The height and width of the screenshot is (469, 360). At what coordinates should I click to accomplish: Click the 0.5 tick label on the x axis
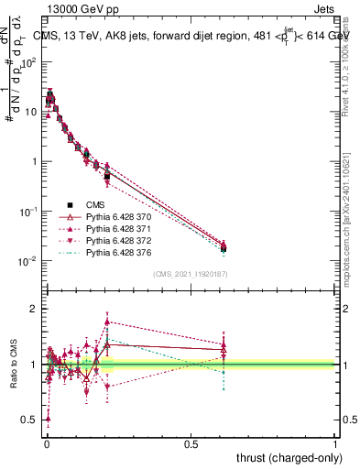(191, 443)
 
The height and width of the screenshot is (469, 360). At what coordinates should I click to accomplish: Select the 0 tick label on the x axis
(46, 443)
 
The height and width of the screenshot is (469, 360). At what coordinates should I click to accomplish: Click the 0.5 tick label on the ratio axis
(29, 420)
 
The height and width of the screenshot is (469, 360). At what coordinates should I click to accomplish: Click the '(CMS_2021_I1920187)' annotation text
(190, 274)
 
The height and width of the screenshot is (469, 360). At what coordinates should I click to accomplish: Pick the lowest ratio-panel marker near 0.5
(48, 419)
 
